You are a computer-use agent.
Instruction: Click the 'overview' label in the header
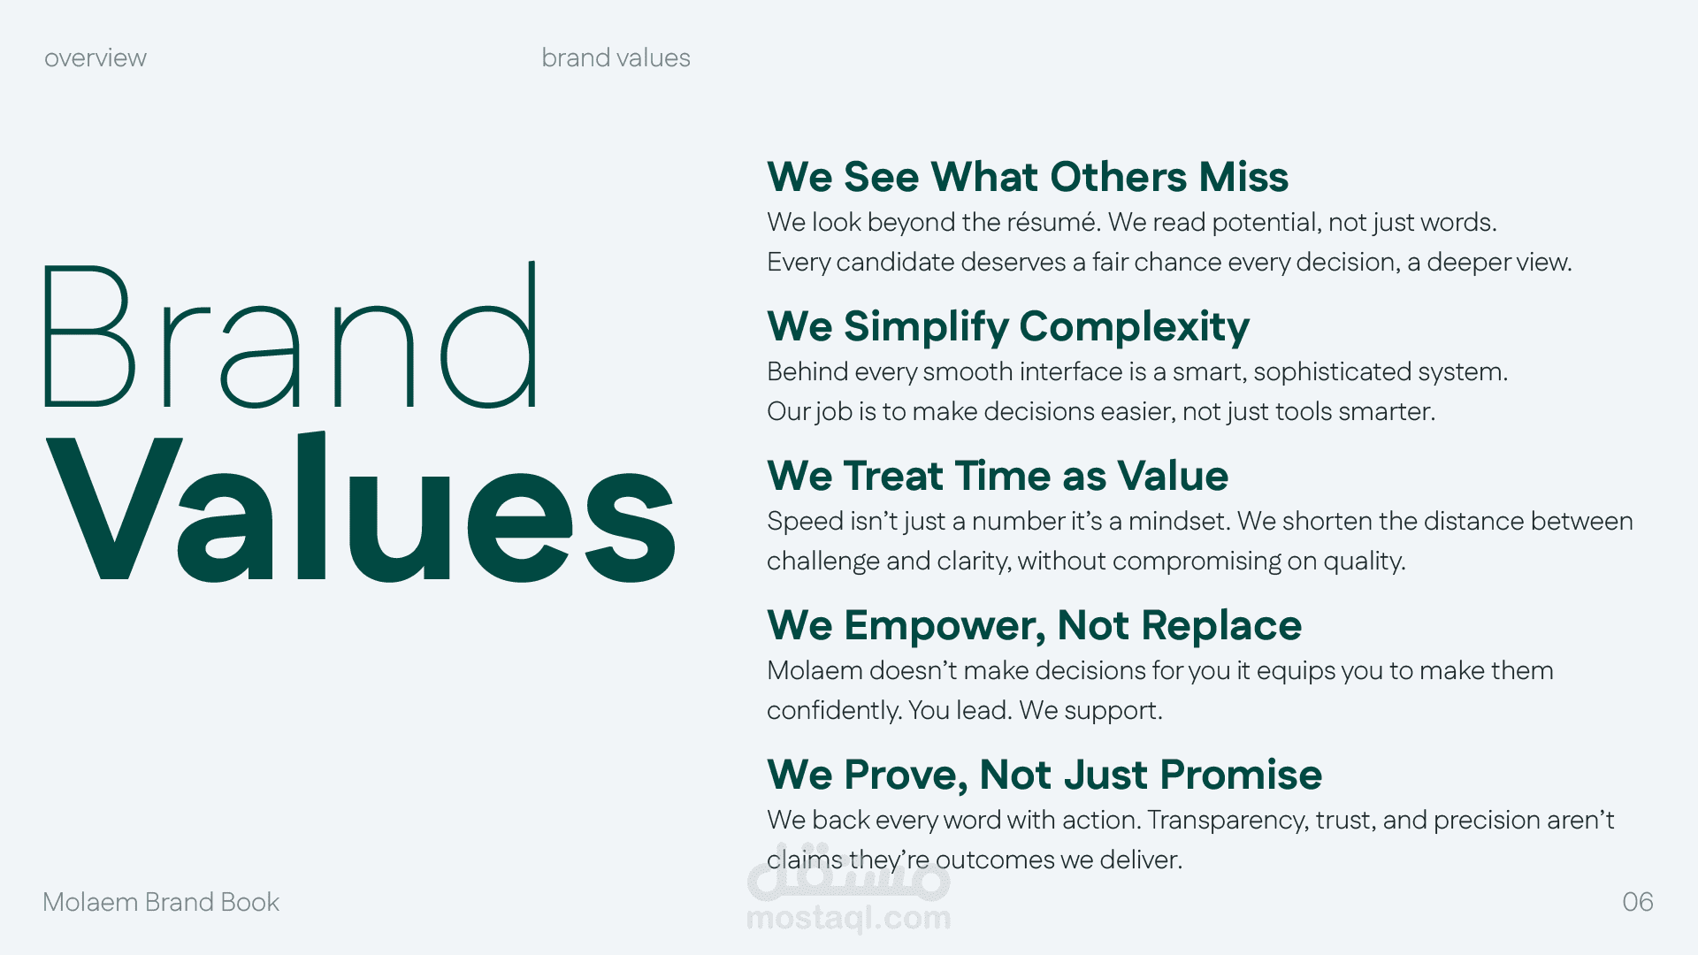(96, 58)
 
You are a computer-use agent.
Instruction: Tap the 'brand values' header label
(616, 57)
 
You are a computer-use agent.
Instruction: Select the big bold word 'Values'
(361, 507)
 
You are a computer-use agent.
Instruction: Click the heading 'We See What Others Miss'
(1028, 177)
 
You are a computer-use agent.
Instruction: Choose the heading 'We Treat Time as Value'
(998, 476)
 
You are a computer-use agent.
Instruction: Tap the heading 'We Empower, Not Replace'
(1034, 626)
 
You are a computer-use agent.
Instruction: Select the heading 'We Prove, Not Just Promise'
(1044, 775)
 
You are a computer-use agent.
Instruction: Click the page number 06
(1638, 902)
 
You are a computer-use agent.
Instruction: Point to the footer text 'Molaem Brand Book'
(161, 902)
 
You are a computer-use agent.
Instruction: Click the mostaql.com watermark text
(848, 918)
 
